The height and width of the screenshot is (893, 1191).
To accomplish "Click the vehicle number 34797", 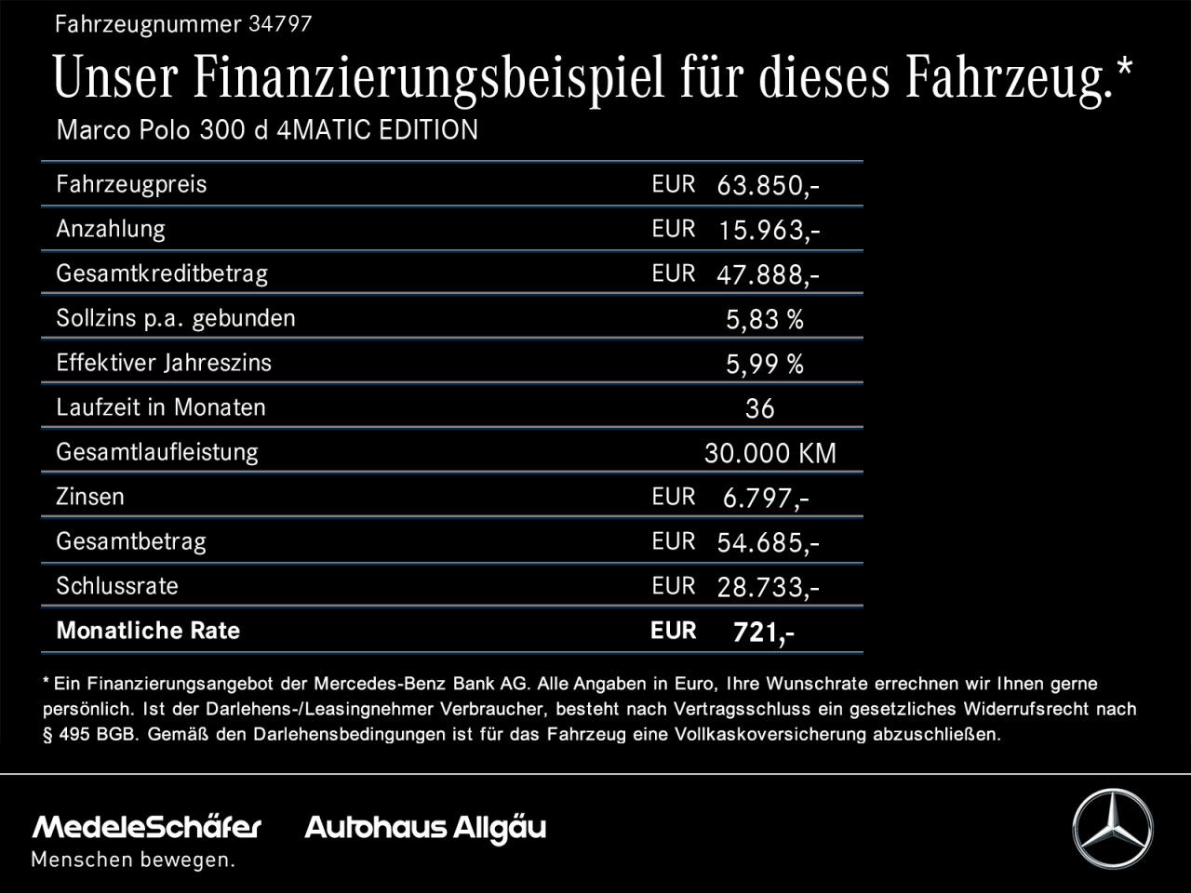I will pyautogui.click(x=280, y=25).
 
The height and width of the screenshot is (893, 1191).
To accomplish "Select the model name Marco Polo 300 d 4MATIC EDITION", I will pyautogui.click(x=267, y=130).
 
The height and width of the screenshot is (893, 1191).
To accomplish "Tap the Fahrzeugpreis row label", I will pyautogui.click(x=131, y=184).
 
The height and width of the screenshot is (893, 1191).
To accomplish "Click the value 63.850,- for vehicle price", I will pyautogui.click(x=768, y=186).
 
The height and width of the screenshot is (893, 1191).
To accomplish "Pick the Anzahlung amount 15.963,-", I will pyautogui.click(x=768, y=231).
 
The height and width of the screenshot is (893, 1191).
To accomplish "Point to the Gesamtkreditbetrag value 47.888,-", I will pyautogui.click(x=768, y=275).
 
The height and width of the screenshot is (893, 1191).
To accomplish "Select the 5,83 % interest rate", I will pyautogui.click(x=764, y=320).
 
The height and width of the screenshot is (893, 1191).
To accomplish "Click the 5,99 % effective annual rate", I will pyautogui.click(x=764, y=365).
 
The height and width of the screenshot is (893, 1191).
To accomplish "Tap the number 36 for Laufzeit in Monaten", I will pyautogui.click(x=759, y=409).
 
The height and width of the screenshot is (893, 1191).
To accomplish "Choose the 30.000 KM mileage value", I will pyautogui.click(x=769, y=454).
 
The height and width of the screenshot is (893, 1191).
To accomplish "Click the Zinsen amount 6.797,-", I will pyautogui.click(x=765, y=499).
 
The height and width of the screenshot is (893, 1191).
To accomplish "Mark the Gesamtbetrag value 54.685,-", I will pyautogui.click(x=768, y=543).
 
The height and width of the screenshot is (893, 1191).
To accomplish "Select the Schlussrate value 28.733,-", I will pyautogui.click(x=768, y=588).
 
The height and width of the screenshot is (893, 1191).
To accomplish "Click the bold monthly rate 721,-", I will pyautogui.click(x=763, y=633).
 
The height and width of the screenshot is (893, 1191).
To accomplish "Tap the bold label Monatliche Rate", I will pyautogui.click(x=148, y=631).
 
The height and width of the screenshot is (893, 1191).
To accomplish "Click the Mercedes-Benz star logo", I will pyautogui.click(x=1112, y=829).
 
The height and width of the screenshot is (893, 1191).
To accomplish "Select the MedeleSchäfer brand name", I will pyautogui.click(x=147, y=827).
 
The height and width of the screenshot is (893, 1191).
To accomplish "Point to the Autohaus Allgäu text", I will pyautogui.click(x=425, y=828).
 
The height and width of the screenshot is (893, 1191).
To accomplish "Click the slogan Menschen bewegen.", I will pyautogui.click(x=133, y=860).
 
